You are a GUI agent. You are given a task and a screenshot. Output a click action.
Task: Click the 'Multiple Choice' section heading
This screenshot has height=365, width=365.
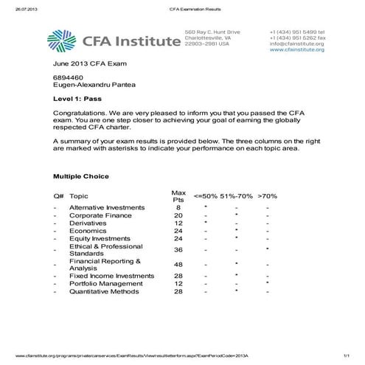pos(80,176)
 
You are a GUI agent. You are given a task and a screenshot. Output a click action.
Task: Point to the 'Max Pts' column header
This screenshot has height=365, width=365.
pos(178,195)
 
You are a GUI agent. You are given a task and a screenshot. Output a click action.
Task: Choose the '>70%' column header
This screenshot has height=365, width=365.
pos(268,197)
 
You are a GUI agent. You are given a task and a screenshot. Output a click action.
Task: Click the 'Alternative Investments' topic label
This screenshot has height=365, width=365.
pos(105,208)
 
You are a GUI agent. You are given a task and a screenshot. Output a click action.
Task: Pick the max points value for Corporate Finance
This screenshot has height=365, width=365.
pos(178,215)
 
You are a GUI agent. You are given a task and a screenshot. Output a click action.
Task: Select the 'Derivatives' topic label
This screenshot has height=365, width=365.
pos(87,223)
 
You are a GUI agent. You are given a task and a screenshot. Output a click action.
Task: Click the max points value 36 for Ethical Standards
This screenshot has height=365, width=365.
pos(178,249)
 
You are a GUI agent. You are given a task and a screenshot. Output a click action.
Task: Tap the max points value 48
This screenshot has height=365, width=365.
pos(178,264)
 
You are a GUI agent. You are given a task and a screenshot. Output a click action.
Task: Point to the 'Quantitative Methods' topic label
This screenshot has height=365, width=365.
pos(105,291)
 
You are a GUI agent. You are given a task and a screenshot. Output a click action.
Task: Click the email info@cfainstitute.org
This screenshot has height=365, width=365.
pos(297,44)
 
